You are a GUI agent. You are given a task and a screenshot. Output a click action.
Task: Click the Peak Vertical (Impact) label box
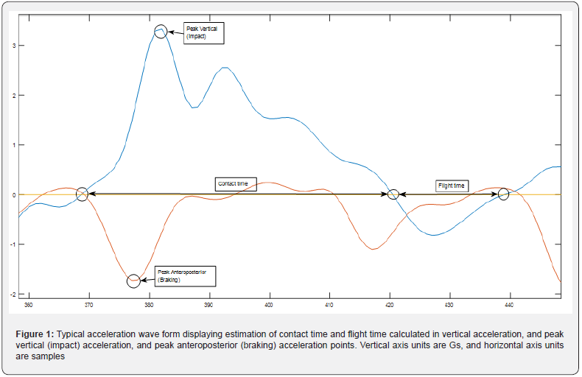204,32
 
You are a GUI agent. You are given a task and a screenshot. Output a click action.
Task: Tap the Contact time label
236,183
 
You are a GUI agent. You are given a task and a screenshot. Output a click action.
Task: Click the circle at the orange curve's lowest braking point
133,280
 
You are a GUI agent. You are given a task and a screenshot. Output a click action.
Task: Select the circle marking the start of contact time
82,194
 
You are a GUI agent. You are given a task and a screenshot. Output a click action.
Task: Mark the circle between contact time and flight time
393,194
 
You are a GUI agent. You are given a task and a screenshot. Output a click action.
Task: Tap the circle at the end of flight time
503,194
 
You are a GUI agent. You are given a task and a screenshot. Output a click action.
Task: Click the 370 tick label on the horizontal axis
89,304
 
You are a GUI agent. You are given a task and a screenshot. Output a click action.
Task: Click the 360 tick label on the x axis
29,304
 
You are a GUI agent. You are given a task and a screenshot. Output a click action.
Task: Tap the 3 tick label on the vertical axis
14,46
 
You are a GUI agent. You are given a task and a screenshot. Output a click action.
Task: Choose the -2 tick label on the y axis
13,294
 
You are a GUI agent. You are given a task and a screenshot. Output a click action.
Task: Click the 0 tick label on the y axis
14,194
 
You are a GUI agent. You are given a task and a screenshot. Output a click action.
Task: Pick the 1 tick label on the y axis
14,145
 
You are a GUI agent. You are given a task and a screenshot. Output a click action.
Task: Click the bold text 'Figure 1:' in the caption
35,336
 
